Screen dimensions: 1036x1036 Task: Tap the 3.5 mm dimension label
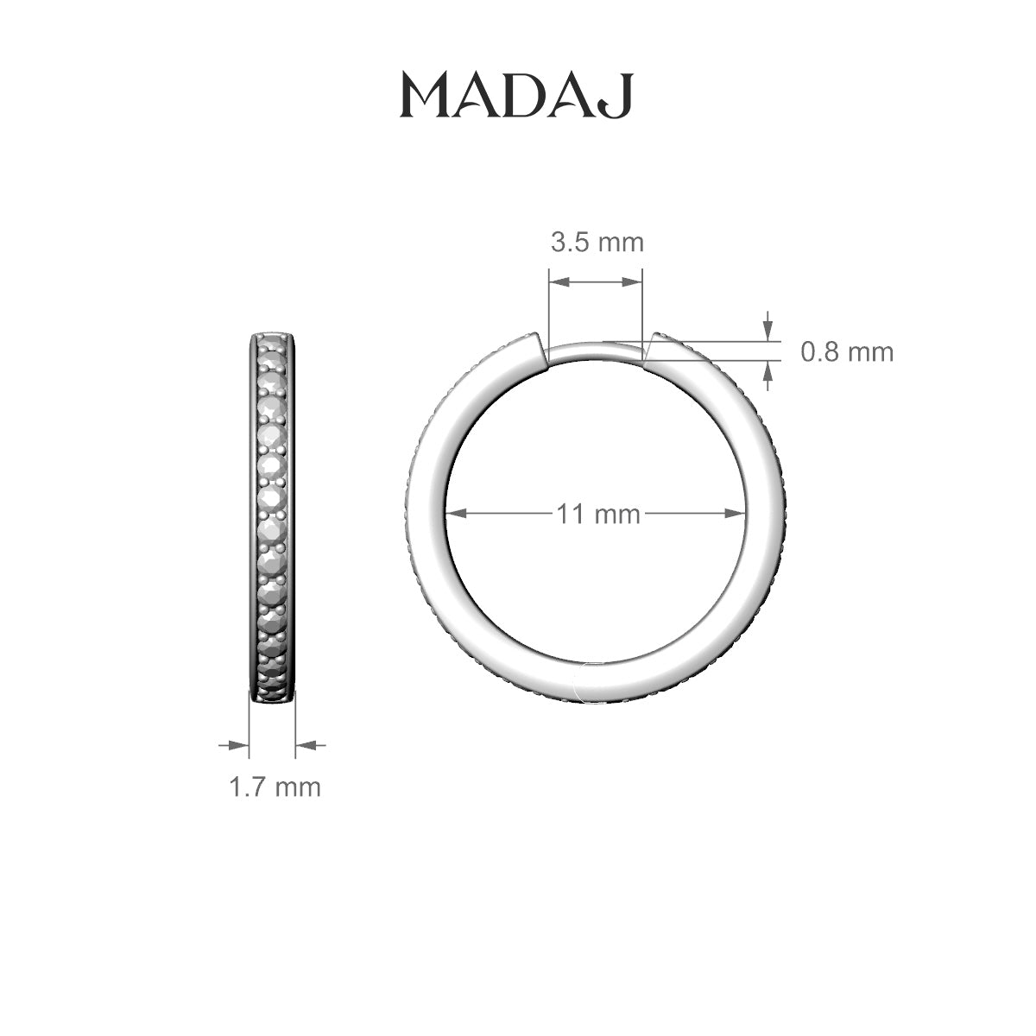(x=597, y=243)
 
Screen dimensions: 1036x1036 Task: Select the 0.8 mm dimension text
(x=847, y=352)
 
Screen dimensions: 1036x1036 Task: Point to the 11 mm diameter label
(x=597, y=515)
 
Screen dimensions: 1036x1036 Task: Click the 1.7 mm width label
(x=275, y=787)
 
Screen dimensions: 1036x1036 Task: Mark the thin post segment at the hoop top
(x=596, y=351)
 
